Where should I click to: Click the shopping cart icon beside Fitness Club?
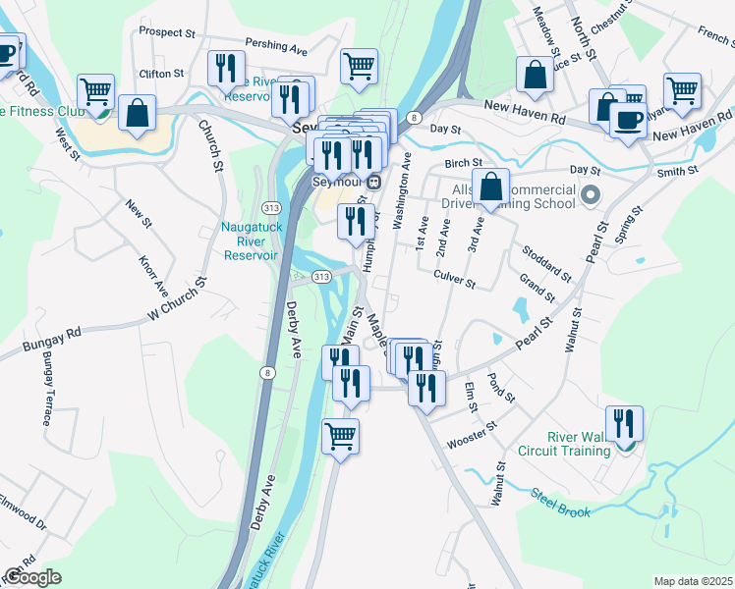(95, 92)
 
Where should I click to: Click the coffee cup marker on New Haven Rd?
(628, 120)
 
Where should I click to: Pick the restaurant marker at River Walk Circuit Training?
(624, 423)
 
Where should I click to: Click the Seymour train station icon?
(374, 182)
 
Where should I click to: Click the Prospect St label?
(167, 32)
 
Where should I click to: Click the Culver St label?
(455, 281)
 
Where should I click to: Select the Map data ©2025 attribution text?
(693, 581)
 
